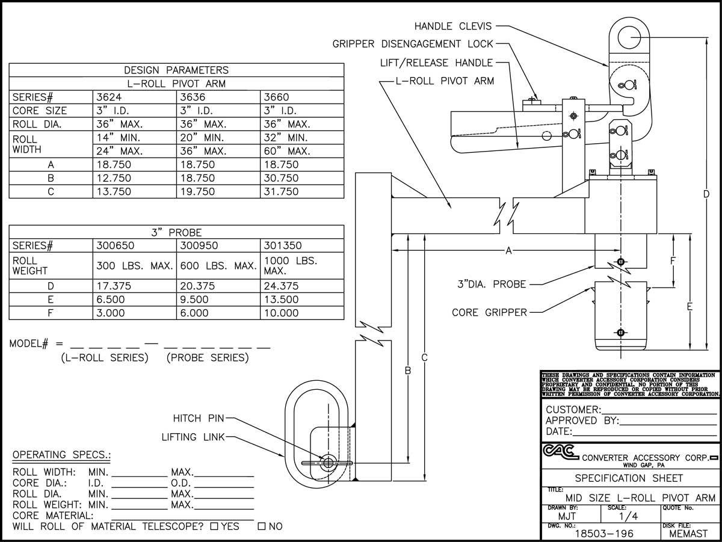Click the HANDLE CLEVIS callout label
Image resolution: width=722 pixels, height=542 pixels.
[x=453, y=26]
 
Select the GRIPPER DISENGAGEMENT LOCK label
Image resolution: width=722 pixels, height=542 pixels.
[x=413, y=44]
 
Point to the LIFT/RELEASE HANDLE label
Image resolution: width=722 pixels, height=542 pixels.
[x=436, y=63]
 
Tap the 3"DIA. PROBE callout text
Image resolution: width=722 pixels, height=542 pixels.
[x=490, y=284]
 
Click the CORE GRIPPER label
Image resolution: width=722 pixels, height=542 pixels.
[x=489, y=312]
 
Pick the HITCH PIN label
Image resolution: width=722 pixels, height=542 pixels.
[x=198, y=418]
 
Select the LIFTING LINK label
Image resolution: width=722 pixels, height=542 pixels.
[x=192, y=437]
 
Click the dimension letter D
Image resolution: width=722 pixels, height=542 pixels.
[x=706, y=194]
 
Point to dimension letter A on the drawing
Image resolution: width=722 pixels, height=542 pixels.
[x=508, y=251]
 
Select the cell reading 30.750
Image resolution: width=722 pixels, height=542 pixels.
[x=281, y=178]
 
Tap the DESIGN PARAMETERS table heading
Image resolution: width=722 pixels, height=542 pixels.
[x=176, y=70]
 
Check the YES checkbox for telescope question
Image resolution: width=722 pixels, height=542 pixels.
[x=214, y=526]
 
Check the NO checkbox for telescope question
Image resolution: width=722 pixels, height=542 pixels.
[x=262, y=526]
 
